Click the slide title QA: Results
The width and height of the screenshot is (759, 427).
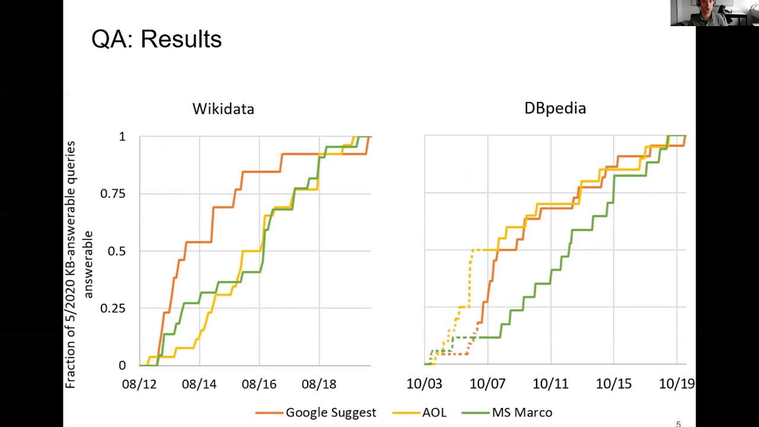(157, 39)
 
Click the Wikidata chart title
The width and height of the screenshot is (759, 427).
(223, 109)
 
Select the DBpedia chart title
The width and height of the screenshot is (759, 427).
(555, 108)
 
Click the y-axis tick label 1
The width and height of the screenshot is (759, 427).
(122, 137)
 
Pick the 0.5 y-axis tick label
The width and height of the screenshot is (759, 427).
(116, 251)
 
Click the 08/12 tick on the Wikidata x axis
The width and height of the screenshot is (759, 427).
(139, 384)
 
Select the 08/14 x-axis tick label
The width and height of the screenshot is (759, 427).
(199, 384)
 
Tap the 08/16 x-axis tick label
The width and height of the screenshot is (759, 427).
(259, 384)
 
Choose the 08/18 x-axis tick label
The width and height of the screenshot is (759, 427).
(319, 384)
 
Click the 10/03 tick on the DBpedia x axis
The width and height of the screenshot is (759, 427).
(424, 384)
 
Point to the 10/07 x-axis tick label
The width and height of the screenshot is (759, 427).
(487, 384)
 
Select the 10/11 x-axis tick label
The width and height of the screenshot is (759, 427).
(550, 384)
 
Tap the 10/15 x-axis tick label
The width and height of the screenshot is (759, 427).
(614, 384)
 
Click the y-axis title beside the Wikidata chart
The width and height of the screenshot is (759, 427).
(79, 265)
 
